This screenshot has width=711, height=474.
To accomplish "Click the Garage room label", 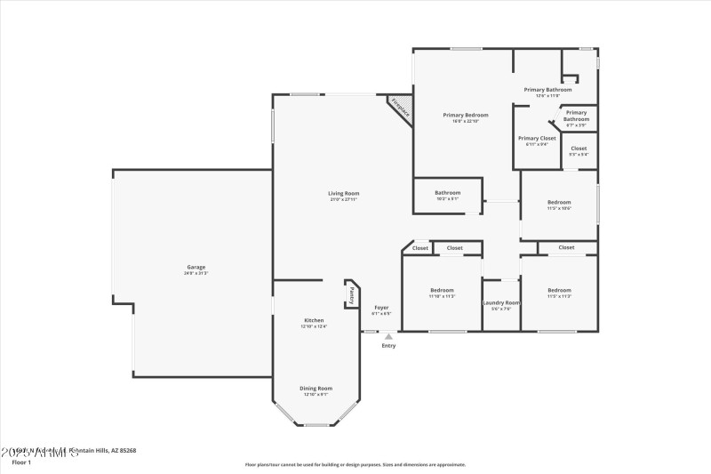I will click(x=196, y=267).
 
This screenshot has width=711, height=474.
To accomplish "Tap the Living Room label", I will click(x=344, y=193).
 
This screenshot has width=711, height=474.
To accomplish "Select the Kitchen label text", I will click(x=314, y=320).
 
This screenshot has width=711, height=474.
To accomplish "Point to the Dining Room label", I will click(x=316, y=388).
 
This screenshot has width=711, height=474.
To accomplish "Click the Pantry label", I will click(x=352, y=294).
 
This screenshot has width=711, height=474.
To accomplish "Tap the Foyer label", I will click(x=381, y=308).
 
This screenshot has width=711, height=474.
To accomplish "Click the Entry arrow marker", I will click(x=388, y=337).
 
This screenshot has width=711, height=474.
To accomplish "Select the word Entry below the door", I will click(x=388, y=345).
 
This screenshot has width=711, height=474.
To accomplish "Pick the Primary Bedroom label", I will click(x=466, y=115).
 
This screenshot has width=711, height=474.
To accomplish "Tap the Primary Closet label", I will click(x=537, y=138).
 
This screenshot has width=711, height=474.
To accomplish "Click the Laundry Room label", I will click(x=501, y=303).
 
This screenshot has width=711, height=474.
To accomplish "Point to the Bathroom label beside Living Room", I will click(x=447, y=192).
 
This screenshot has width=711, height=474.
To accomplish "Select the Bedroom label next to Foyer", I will click(x=442, y=290).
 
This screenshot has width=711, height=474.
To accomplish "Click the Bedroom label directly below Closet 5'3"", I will click(x=559, y=202).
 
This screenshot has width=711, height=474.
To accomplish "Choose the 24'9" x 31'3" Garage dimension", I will click(x=196, y=273).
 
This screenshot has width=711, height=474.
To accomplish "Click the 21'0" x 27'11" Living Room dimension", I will click(x=344, y=199).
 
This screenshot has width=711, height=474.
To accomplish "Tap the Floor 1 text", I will click(x=20, y=462).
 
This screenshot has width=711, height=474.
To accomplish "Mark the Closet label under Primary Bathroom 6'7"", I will click(x=579, y=148).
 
